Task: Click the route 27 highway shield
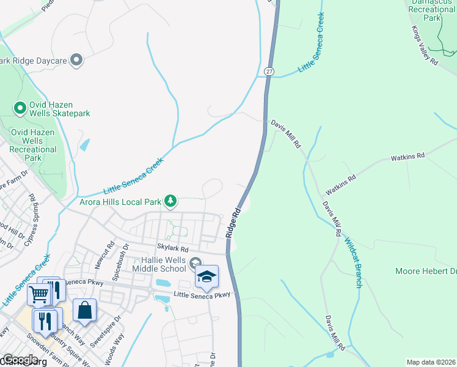coord(269,72)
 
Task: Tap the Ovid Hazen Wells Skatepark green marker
coord(20,108)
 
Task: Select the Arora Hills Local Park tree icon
coord(172,201)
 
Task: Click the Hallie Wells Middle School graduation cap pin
coord(207,278)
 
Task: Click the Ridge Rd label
coord(233,223)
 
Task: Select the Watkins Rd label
coord(408,157)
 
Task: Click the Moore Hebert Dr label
coord(426,271)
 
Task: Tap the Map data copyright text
coord(431,362)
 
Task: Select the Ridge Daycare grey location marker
coord(76,60)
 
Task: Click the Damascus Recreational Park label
coord(431,10)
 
